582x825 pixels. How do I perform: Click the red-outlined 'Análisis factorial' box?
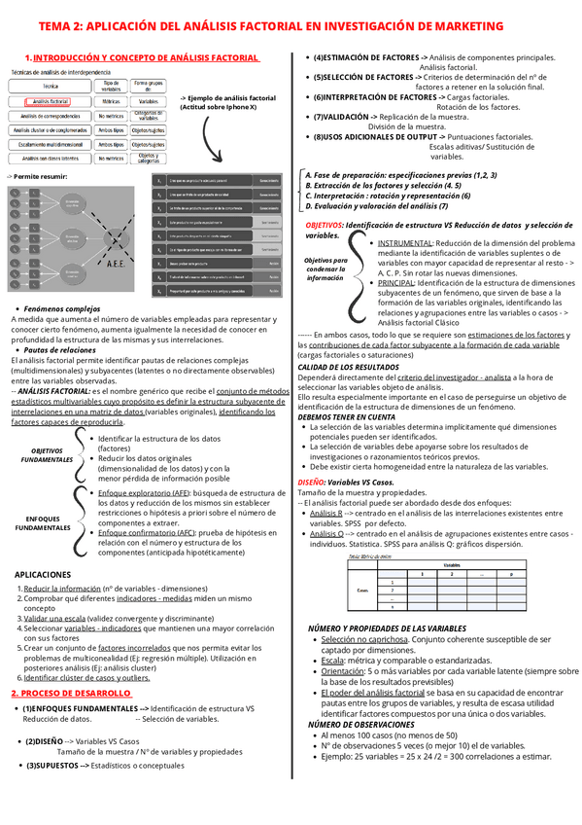point(51,100)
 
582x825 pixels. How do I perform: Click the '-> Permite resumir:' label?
point(37,176)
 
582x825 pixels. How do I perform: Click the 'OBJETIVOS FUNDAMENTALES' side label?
point(47,454)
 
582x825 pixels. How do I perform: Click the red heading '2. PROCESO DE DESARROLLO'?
point(69,693)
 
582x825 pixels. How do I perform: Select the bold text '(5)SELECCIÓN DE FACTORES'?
point(363,77)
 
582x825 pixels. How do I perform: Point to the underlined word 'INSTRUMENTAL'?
point(405,242)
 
